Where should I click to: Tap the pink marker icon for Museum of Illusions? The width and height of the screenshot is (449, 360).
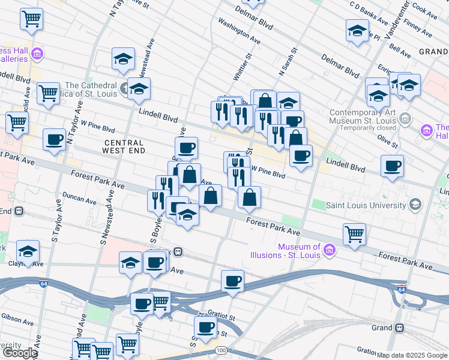point(329,250)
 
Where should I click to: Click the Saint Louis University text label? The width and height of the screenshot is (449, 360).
point(366,205)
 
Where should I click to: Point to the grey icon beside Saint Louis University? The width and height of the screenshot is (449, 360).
point(414,205)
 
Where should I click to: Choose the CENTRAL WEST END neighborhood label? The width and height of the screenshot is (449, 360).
point(124,148)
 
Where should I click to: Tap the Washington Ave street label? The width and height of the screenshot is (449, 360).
point(240,31)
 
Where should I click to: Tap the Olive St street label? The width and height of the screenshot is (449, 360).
point(387,142)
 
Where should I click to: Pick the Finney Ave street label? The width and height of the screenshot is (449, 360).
point(418,27)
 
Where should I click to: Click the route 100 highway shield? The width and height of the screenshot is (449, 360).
point(221,350)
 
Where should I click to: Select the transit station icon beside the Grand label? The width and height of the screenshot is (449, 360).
point(399,328)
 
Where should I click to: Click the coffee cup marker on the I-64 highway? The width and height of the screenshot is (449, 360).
point(232,280)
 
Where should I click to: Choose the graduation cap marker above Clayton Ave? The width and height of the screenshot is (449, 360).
point(28,251)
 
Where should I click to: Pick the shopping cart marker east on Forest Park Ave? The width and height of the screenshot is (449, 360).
point(354,233)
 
